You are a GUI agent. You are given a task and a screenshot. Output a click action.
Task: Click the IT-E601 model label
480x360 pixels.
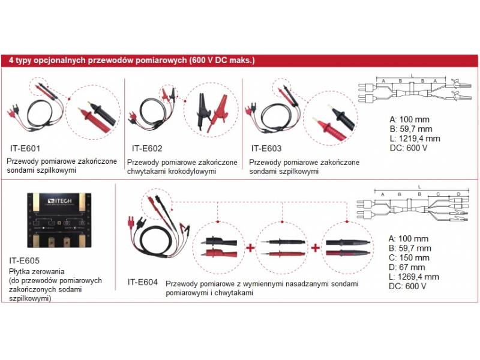tap(25, 147)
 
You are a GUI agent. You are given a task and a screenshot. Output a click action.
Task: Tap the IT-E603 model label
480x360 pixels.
tap(266, 148)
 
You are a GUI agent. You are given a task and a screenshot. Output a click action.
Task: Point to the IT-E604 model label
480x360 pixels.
tap(142, 281)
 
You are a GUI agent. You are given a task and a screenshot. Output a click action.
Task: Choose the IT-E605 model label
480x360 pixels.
tap(25, 261)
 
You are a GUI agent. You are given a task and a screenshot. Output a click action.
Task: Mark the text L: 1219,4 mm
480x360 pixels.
tap(415, 138)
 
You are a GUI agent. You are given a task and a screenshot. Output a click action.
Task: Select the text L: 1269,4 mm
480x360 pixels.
tap(414, 277)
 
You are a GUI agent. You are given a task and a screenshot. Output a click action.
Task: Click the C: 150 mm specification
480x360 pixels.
tap(407, 257)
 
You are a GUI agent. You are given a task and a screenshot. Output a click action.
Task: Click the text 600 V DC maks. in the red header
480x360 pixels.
tap(222, 61)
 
